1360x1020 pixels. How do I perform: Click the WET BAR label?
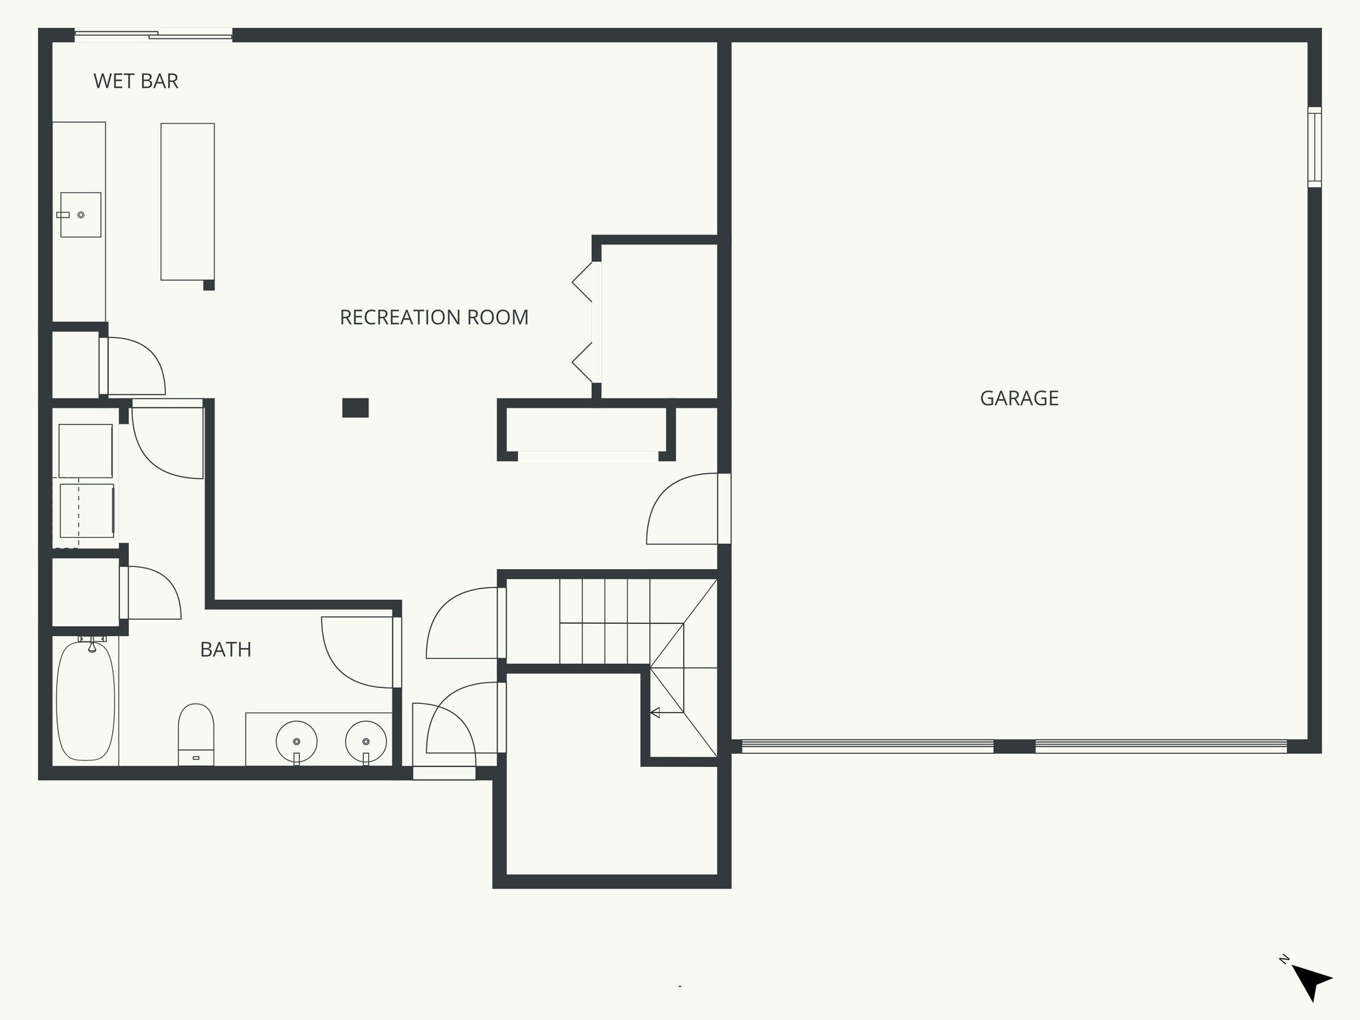(136, 81)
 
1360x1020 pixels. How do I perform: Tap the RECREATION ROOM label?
(434, 317)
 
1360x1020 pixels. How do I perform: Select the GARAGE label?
(1019, 398)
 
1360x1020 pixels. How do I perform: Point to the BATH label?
(226, 649)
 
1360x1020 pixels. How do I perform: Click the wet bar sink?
(80, 214)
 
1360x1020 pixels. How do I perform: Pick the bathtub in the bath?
(86, 701)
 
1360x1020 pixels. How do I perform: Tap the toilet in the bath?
(196, 734)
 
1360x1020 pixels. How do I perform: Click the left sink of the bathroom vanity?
(296, 741)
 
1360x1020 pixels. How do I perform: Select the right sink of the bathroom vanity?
(366, 741)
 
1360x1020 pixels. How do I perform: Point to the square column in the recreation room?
(355, 408)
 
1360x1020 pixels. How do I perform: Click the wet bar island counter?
(187, 201)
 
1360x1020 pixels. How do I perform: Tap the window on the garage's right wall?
(1314, 147)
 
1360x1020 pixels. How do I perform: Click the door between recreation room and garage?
(684, 510)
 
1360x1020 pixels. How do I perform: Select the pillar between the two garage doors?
(1014, 746)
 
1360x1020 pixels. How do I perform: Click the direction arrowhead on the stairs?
(655, 713)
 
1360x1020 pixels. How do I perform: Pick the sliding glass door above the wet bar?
(153, 35)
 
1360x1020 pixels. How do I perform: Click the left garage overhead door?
(867, 746)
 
